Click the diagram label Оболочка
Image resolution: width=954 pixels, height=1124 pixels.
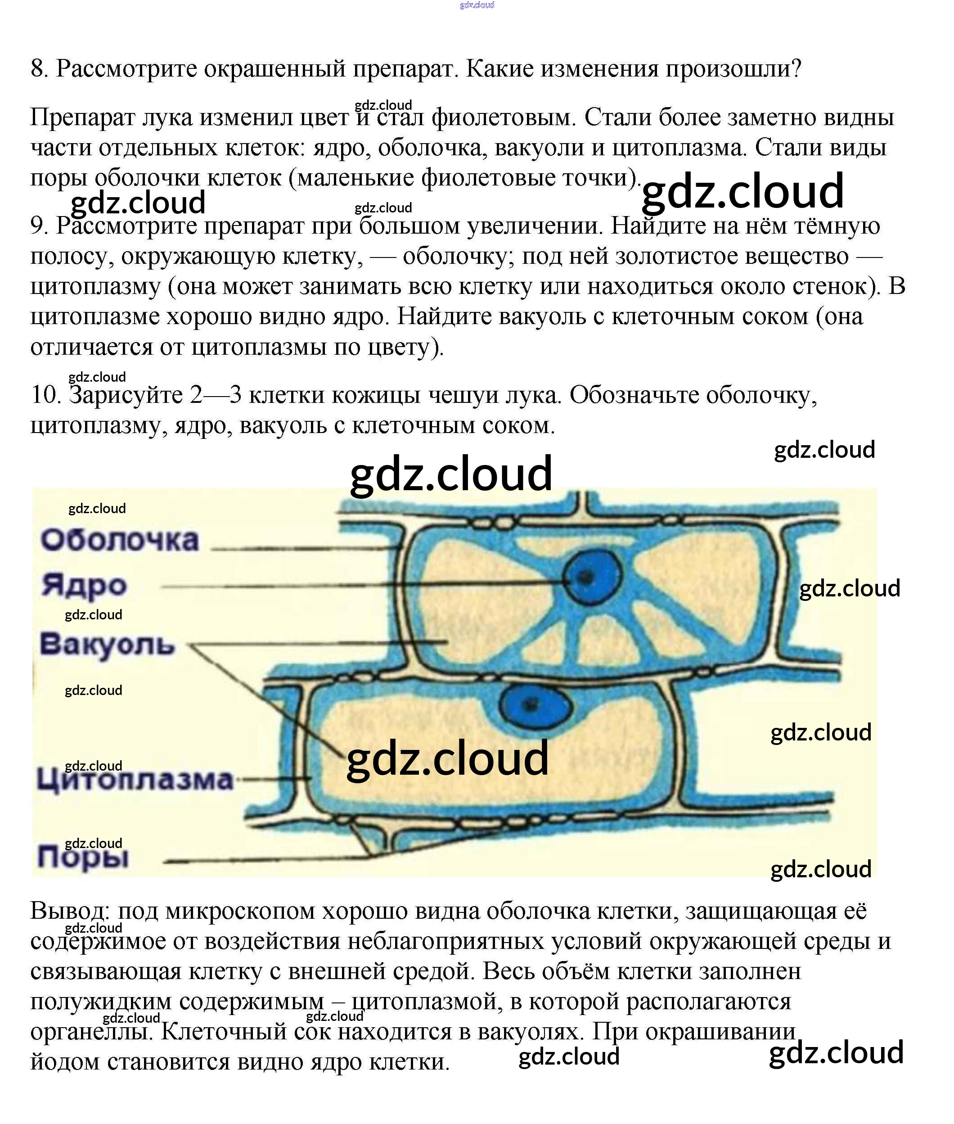(120, 540)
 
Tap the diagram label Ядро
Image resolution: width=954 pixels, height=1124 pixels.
(84, 585)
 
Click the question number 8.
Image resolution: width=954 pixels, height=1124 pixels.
(39, 69)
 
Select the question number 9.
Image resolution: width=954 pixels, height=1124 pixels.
(39, 226)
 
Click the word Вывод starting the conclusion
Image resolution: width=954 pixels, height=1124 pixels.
(70, 912)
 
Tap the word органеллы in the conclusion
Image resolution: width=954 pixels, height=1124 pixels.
(89, 1032)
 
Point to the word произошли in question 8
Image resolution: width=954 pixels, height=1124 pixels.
(733, 69)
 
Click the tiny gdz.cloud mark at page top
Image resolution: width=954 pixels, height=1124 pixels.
(477, 5)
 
